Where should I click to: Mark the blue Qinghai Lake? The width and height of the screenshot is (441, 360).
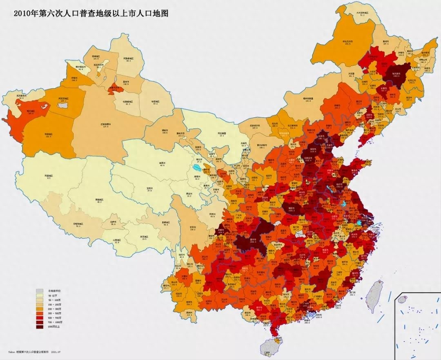(197, 168)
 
